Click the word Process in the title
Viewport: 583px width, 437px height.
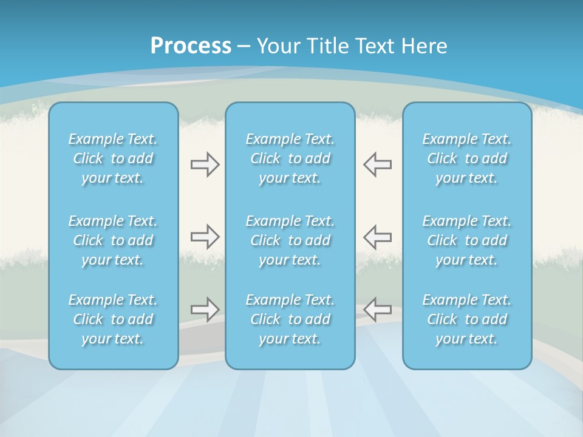click(x=191, y=46)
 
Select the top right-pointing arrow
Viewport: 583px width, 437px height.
click(x=205, y=164)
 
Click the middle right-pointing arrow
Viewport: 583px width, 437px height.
click(x=205, y=236)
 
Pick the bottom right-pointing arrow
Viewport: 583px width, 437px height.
click(x=205, y=310)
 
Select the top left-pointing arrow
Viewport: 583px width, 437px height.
click(x=377, y=164)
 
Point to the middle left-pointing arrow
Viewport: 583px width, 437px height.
click(x=377, y=236)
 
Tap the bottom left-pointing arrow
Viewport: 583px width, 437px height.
click(x=377, y=310)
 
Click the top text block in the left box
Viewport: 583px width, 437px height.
click(x=113, y=158)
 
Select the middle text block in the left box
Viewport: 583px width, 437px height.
click(x=113, y=240)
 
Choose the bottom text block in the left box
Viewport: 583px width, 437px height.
click(x=113, y=319)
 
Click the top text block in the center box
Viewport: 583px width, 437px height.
click(x=290, y=158)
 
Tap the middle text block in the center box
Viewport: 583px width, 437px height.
click(x=290, y=240)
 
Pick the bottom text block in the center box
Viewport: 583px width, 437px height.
click(x=290, y=319)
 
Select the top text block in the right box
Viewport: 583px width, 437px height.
click(x=467, y=158)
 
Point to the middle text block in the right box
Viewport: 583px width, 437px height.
click(x=467, y=240)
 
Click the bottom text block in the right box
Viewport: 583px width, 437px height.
click(x=467, y=319)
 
